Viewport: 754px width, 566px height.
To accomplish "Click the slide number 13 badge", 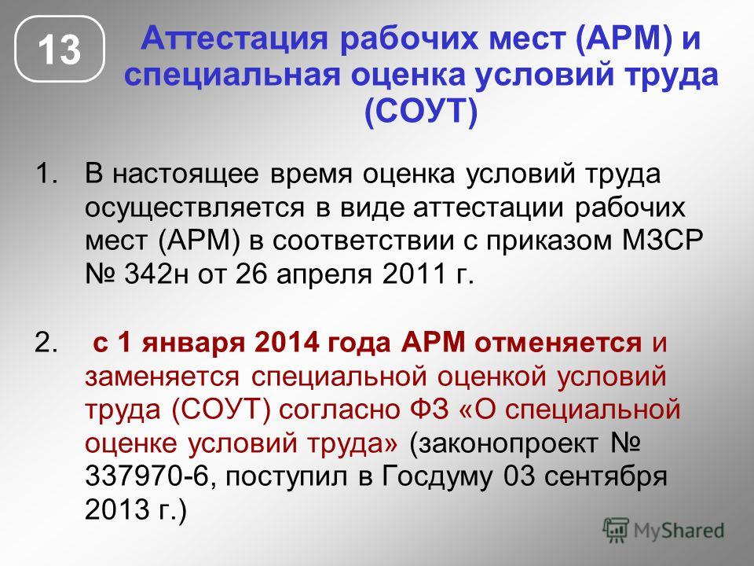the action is tap(60, 49).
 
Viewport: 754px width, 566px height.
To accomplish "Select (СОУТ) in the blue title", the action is tap(421, 112).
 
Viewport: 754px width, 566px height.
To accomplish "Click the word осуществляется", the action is tap(195, 208).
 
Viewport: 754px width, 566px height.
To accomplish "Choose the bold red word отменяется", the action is tap(558, 344).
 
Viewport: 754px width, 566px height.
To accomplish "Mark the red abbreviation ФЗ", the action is tap(429, 410).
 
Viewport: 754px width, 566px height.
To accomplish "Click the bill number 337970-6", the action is tap(146, 476).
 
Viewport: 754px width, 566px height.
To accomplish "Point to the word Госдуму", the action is tap(437, 477).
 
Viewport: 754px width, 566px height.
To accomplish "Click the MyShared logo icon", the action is tap(616, 531).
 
